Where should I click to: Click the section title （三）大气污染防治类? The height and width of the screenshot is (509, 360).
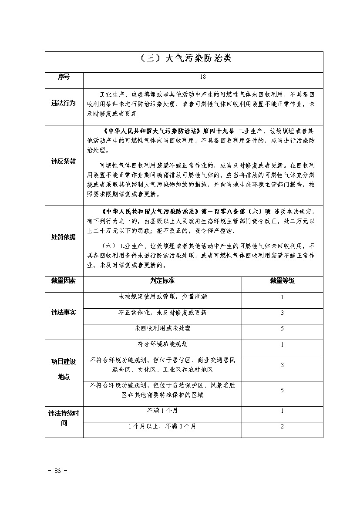pyautogui.click(x=184, y=59)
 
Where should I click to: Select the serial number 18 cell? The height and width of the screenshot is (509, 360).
pyautogui.click(x=202, y=77)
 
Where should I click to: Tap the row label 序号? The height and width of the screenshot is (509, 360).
pyautogui.click(x=64, y=77)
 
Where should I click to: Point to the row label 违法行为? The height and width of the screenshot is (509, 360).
pyautogui.click(x=64, y=103)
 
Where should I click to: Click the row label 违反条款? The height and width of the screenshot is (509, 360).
pyautogui.click(x=64, y=162)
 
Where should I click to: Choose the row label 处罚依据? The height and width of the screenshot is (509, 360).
pyautogui.click(x=64, y=237)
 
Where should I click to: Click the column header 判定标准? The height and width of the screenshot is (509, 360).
pyautogui.click(x=162, y=280)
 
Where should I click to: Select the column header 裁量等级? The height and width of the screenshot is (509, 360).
pyautogui.click(x=282, y=280)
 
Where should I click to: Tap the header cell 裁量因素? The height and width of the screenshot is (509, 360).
pyautogui.click(x=64, y=280)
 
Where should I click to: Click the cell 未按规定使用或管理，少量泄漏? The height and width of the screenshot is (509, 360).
pyautogui.click(x=162, y=297)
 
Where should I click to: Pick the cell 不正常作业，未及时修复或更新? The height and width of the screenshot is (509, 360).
pyautogui.click(x=162, y=313)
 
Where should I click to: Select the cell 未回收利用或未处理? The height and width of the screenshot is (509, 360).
pyautogui.click(x=162, y=328)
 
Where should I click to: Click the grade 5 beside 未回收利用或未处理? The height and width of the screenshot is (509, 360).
pyautogui.click(x=282, y=328)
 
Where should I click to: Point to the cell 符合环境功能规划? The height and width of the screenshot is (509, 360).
pyautogui.click(x=162, y=344)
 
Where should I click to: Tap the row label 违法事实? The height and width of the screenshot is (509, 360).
pyautogui.click(x=64, y=313)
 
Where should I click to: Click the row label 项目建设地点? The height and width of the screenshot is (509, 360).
pyautogui.click(x=64, y=369)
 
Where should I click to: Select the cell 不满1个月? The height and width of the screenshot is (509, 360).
pyautogui.click(x=162, y=411)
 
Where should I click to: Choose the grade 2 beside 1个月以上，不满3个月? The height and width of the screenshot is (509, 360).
pyautogui.click(x=282, y=426)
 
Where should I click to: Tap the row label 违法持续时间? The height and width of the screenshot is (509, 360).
pyautogui.click(x=64, y=418)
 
